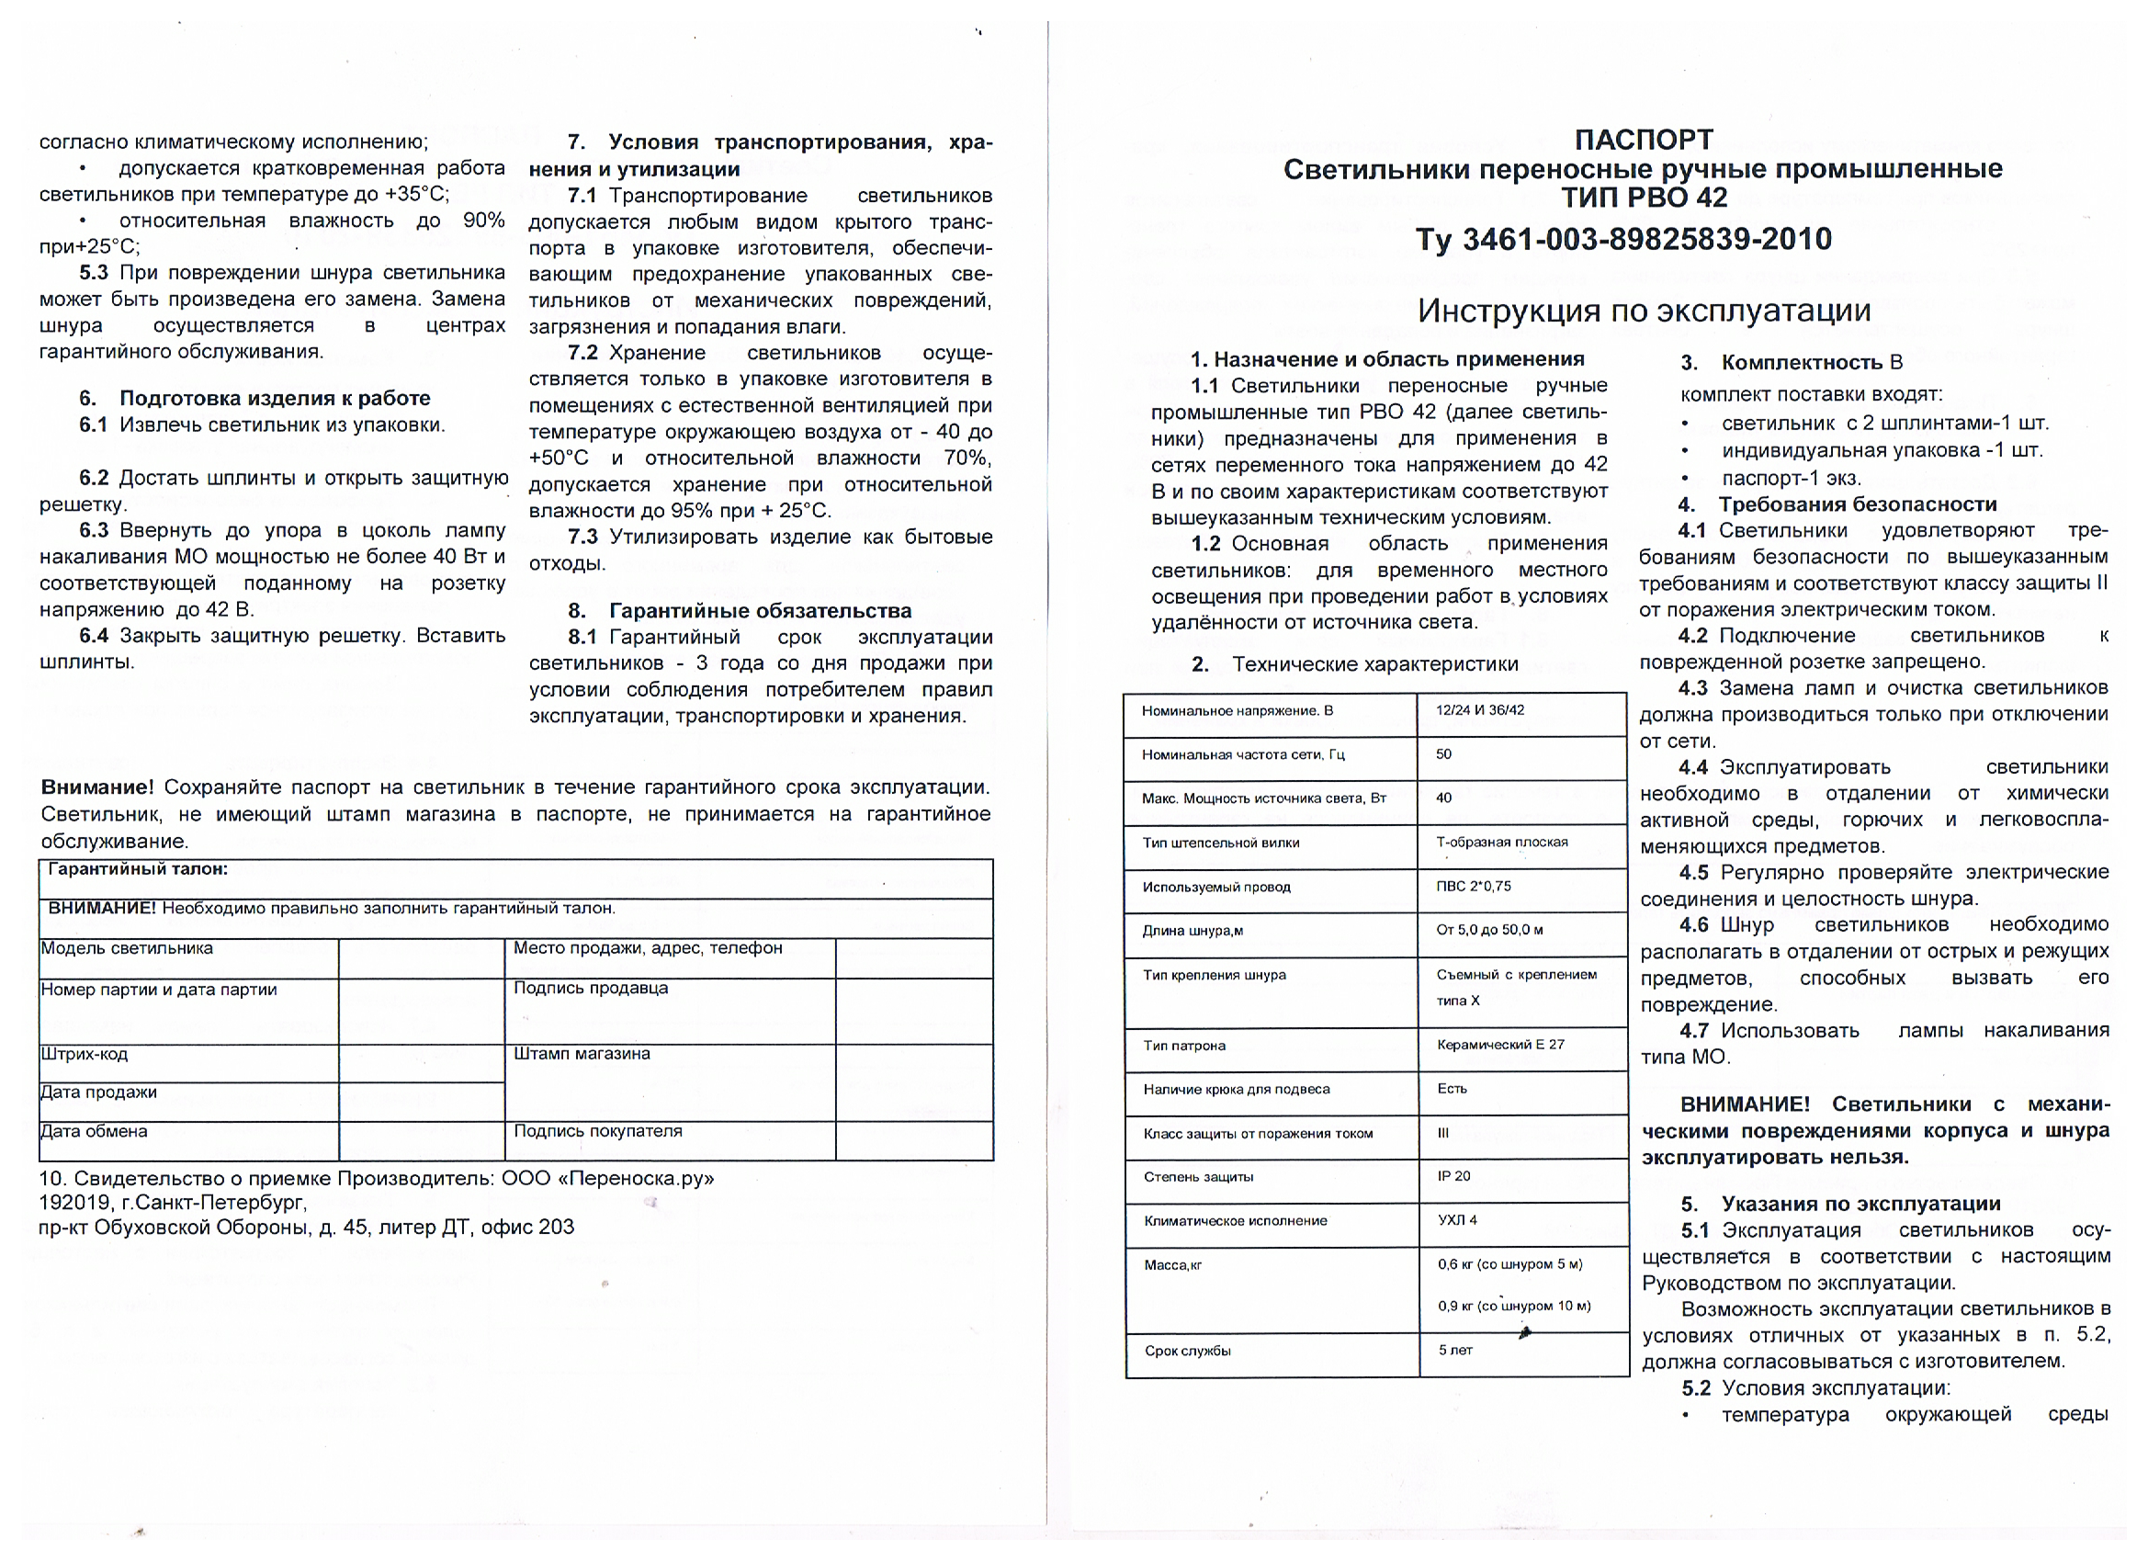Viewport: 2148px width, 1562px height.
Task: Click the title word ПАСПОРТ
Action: tap(1644, 141)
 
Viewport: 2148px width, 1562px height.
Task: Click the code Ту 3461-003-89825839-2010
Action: tap(1623, 239)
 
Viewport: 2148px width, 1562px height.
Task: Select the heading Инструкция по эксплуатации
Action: tap(1644, 311)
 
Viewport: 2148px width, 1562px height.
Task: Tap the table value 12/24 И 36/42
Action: tap(1479, 710)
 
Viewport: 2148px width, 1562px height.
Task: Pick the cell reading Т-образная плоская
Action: tap(1501, 842)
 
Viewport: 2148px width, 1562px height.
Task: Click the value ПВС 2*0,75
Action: tap(1473, 887)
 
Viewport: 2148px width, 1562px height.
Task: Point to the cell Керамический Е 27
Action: tap(1500, 1045)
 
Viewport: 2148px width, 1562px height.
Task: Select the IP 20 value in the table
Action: tap(1453, 1176)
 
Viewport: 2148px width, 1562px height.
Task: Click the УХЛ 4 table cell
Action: tap(1456, 1220)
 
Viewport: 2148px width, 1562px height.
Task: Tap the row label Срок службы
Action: tap(1187, 1351)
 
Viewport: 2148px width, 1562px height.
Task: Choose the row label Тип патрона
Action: tap(1184, 1046)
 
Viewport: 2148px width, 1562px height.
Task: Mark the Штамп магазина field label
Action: tap(582, 1053)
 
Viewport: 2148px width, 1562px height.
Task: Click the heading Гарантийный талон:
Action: tap(137, 869)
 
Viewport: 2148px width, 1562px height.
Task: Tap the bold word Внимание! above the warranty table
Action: tap(96, 788)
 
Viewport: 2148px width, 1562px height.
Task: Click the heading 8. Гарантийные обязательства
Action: tap(740, 611)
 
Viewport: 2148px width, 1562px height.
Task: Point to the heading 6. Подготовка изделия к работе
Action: tap(254, 398)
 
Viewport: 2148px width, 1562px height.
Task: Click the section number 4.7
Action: tap(1693, 1031)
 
